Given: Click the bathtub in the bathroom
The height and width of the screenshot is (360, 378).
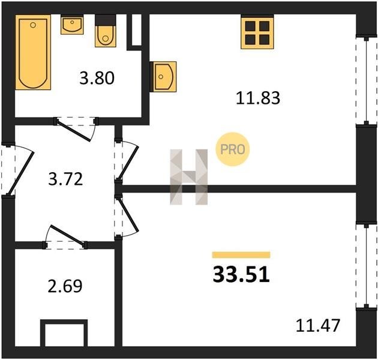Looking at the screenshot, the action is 33,52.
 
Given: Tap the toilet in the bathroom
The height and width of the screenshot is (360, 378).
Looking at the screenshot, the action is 106,31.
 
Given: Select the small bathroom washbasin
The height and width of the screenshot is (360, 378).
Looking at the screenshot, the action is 72,25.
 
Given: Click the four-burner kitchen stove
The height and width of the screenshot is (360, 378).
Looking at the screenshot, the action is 257,32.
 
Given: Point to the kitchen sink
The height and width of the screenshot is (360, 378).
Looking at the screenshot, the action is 163,77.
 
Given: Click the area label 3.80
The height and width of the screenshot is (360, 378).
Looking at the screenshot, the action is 97,78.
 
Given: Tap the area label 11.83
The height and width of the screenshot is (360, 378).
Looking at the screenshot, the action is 258,98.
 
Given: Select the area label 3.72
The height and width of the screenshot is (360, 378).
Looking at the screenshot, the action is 65,179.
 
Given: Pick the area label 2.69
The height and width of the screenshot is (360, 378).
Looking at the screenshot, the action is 65,286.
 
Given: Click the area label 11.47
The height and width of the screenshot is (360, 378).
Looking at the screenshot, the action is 318,325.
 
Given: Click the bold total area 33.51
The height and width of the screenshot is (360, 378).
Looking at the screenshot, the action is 241,275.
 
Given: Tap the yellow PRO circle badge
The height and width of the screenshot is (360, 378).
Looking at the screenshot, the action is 233,149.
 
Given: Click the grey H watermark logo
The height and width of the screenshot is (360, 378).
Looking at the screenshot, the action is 189,177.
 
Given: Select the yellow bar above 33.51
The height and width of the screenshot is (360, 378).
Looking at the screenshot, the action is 241,255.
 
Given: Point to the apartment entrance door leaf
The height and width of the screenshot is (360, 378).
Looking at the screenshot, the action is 20,173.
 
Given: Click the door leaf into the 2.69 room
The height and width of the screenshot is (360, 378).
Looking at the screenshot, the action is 67,235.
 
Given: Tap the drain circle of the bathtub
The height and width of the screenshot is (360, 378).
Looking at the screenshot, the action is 33,25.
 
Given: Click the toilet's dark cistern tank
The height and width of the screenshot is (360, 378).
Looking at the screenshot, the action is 106,20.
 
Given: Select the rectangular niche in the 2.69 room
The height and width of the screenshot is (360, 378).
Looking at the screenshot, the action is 64,334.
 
